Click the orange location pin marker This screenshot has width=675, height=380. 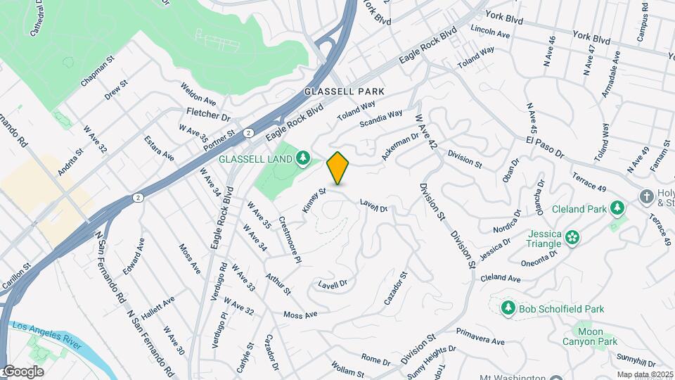(x=338, y=167)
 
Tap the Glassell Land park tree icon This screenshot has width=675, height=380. (x=303, y=158)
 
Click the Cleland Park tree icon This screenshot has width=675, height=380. (x=617, y=208)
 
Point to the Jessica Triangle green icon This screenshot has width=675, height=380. (x=572, y=237)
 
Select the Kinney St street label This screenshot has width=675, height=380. (x=314, y=200)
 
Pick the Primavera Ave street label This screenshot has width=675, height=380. (x=480, y=336)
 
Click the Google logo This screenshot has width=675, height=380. (x=23, y=372)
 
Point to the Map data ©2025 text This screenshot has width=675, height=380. (x=645, y=374)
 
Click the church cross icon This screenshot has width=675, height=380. (x=646, y=196)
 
